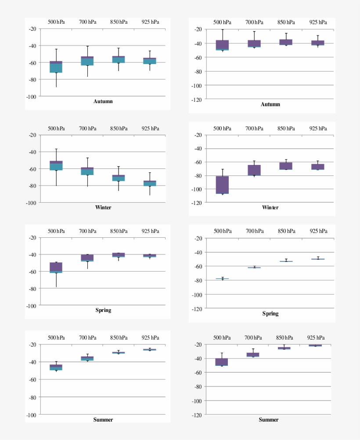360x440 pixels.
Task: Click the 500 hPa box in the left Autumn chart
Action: coord(56,67)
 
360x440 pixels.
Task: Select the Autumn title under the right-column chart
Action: coord(270,104)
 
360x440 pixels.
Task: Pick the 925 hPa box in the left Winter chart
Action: coord(150,183)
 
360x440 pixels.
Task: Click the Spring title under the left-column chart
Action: coord(103,310)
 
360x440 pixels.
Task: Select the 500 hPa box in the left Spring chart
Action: coord(56,268)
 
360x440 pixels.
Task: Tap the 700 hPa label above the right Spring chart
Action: coord(254,231)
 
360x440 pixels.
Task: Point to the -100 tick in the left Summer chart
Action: coord(32,415)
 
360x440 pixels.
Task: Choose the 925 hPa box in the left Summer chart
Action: coord(150,350)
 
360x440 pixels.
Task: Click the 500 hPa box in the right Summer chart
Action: coord(222,362)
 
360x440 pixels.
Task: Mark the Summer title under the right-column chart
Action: coord(268,420)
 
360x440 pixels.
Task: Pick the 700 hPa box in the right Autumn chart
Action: coord(254,43)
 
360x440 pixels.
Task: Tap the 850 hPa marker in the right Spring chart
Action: coord(286,261)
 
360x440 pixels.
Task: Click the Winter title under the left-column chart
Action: coord(103,207)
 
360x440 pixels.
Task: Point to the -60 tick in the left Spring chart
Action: coord(32,272)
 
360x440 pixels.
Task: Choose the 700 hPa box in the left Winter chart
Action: coord(87,171)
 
